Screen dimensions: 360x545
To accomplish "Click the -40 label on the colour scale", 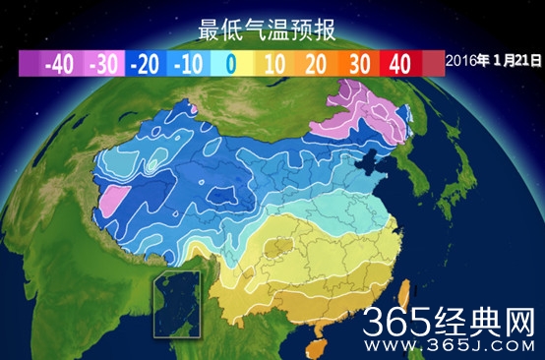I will [59, 64].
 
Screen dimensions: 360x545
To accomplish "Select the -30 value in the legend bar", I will [105, 64].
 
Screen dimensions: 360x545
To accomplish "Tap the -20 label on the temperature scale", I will [149, 64].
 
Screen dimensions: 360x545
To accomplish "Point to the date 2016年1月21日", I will [493, 61].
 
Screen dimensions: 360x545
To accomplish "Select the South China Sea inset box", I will [175, 303].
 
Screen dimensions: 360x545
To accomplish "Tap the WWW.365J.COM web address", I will [454, 345].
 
